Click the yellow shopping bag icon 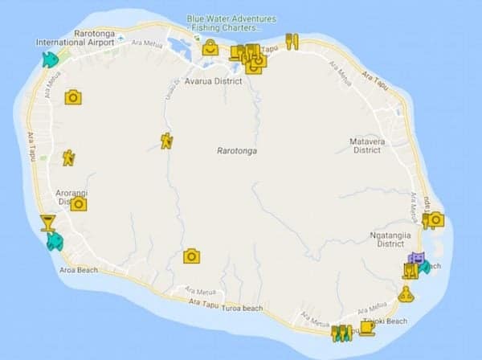pos(210,49)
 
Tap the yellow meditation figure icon pos(406,295)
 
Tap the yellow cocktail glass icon pos(47,223)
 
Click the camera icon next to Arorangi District pos(78,203)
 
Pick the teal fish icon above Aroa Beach pos(55,240)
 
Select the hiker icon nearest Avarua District pos(166,141)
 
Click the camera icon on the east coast pos(435,219)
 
